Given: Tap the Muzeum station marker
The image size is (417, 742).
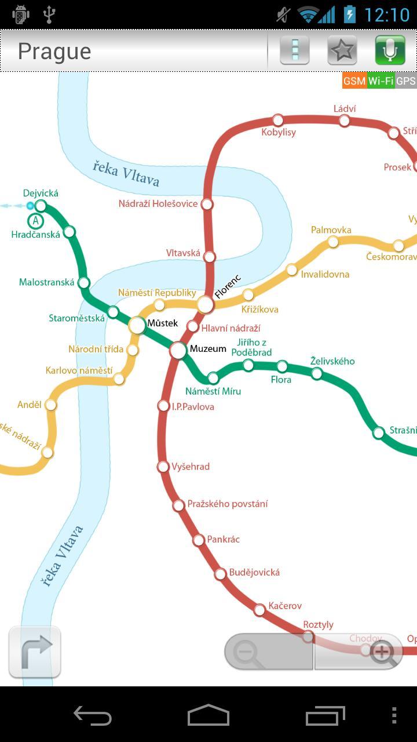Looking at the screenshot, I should coord(178,350).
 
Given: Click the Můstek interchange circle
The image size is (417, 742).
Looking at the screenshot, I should coord(137,325).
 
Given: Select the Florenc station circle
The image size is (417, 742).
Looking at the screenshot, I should coord(205,304).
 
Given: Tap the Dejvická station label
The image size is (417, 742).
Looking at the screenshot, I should coord(41,193).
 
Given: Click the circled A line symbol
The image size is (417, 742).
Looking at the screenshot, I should coord(36,221).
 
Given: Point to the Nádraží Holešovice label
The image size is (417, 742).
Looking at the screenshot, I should coord(158,204).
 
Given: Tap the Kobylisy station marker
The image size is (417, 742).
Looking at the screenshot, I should coord(278,120).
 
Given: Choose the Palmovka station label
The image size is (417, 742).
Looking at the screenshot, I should coord(331,230).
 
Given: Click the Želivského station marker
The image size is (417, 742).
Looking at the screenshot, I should coord(317,373).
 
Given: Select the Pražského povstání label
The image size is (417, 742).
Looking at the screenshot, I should coord(228,504).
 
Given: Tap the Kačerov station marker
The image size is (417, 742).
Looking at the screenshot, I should coord(260,609).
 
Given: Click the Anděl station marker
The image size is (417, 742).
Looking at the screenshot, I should coord(51,405).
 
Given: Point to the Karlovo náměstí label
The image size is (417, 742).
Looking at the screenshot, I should coord(79,370).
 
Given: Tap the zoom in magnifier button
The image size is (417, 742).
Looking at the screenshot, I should coord(382,652).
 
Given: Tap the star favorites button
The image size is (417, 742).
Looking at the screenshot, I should coord(342,50).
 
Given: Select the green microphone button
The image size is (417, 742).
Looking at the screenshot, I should coord(390,50).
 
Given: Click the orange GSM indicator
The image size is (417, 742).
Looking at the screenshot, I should coord(354,81).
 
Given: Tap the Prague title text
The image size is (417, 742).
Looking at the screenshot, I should coord(54,51).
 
